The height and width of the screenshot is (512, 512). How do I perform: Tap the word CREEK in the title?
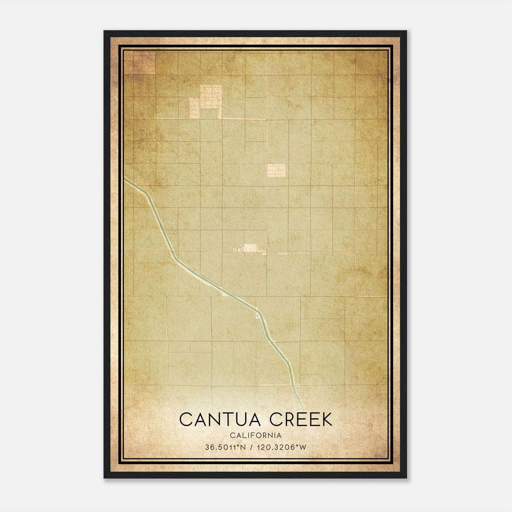pos(301,420)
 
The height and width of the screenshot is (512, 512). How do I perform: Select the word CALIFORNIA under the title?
pos(256,436)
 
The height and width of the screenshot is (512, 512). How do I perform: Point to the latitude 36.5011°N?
pos(225,447)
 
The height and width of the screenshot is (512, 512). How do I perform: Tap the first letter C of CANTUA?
pos(186,420)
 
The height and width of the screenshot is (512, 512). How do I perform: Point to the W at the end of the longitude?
pos(303,447)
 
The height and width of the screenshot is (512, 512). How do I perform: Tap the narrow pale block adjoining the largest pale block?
pos(194,108)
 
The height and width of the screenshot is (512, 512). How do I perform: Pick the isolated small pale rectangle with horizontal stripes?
pos(276,171)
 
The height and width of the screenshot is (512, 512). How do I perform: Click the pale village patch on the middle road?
pos(251,248)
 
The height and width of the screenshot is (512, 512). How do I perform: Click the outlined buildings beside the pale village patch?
pos(238,249)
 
